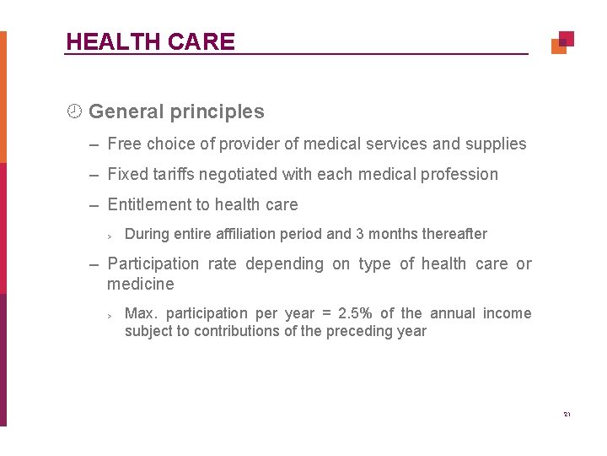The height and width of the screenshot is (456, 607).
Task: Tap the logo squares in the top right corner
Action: point(562,42)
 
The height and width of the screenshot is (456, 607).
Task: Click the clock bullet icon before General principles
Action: point(74,111)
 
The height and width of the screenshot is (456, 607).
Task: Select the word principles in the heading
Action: point(221,111)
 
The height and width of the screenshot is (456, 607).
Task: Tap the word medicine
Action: point(141,284)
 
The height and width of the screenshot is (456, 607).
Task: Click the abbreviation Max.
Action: point(140,314)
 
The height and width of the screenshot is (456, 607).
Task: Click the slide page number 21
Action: point(567,415)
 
